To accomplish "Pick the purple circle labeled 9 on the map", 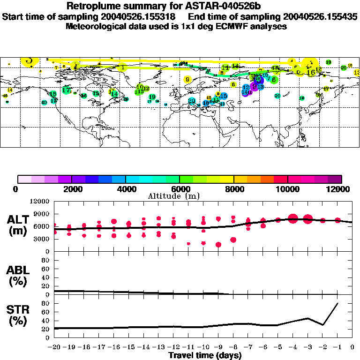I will (254, 87).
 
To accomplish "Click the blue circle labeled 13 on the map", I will (260, 87).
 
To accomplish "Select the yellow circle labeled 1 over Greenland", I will (123, 67).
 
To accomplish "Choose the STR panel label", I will (18, 315).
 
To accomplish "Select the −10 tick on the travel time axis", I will (203, 347).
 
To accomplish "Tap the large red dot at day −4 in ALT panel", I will (293, 218).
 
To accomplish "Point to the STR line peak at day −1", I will (337, 304).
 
